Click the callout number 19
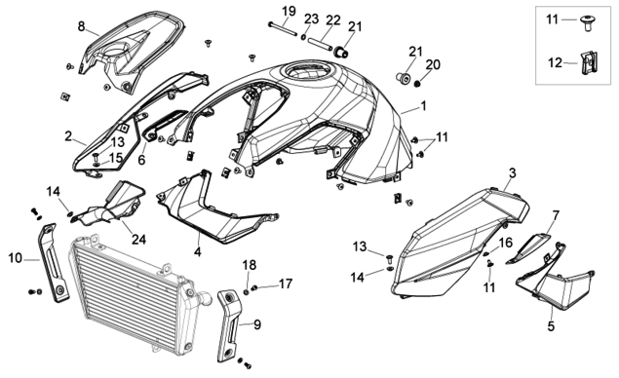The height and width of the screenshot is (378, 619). [x=289, y=11]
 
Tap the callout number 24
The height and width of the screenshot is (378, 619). [x=138, y=239]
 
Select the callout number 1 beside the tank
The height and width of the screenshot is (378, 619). [x=423, y=106]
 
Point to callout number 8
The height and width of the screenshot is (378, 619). [x=81, y=26]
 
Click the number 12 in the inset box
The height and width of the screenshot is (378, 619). [x=555, y=62]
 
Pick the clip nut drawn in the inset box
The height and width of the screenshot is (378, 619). [x=590, y=63]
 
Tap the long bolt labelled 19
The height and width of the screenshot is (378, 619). [x=283, y=30]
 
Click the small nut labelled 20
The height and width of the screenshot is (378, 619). [x=417, y=83]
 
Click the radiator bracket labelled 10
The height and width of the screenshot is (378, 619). [x=54, y=263]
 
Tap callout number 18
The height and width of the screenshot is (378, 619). [x=250, y=265]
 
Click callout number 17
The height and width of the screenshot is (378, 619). [x=286, y=283]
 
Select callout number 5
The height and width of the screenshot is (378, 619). [x=551, y=326]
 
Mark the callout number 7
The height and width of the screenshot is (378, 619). [x=556, y=216]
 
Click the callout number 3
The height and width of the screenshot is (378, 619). [x=513, y=172]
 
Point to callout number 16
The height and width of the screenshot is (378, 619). [x=506, y=243]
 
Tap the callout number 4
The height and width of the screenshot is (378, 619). [x=197, y=251]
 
